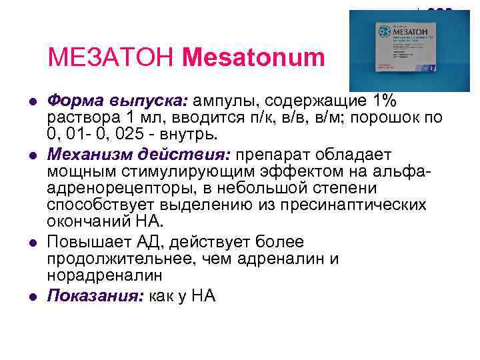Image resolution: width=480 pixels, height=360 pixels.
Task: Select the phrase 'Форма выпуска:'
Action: coord(118,101)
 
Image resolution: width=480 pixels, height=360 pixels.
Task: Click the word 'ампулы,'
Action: coord(227,101)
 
